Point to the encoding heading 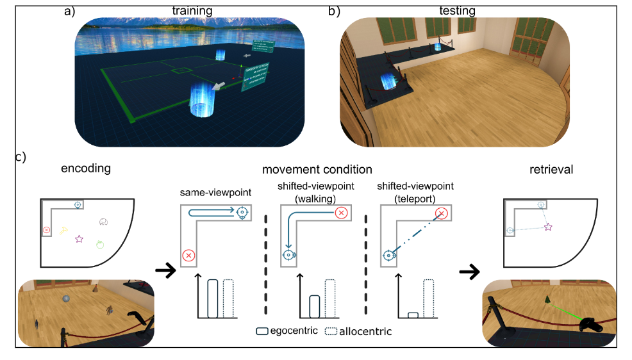[x=86, y=169]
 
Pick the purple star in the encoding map [x=79, y=239]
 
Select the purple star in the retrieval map [x=548, y=227]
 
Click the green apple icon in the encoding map [x=100, y=244]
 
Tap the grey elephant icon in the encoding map [x=103, y=222]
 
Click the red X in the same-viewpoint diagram [x=188, y=256]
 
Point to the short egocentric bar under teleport [x=413, y=315]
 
